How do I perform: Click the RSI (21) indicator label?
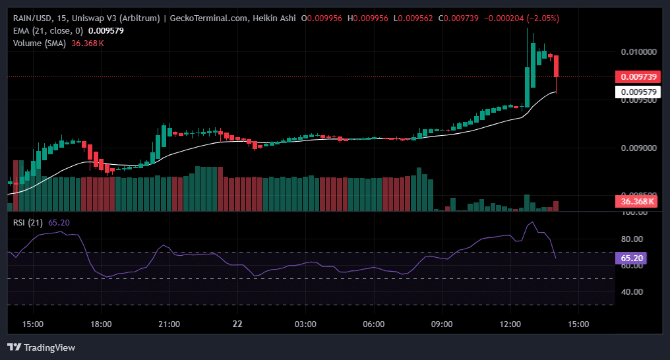tap(28, 222)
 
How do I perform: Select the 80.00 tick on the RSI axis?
tap(630, 239)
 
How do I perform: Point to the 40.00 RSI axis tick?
tap(630, 291)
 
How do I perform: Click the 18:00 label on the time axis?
tap(101, 324)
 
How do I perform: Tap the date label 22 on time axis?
tap(237, 324)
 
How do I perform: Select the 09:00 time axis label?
tap(442, 324)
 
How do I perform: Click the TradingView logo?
tap(41, 347)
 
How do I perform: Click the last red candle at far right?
tap(557, 66)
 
